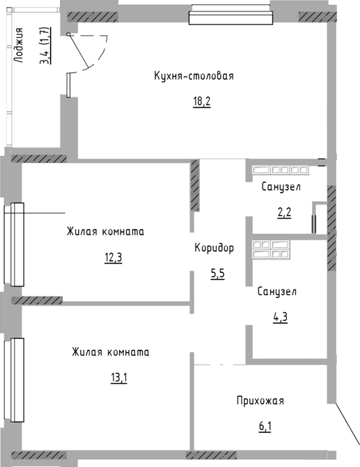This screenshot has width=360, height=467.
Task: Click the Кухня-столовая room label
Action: coord(194,76)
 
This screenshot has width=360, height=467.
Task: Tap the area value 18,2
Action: coord(202,102)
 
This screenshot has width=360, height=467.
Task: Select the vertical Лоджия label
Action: coord(19,45)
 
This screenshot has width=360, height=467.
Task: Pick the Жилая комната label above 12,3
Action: coord(106,232)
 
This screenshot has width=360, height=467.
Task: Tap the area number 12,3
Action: coord(114,258)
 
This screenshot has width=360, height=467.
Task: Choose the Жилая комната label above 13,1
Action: coord(111,351)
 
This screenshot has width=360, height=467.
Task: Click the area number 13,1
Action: coord(119,378)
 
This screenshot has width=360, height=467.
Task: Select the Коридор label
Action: coord(214,248)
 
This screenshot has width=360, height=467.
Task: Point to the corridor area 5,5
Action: coord(217,274)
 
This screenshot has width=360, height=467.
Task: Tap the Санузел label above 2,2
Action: coord(281,187)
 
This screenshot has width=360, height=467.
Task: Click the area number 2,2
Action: coord(284,213)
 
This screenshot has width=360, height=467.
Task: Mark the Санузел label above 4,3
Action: coord(277,292)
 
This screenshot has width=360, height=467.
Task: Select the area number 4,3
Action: coord(280,317)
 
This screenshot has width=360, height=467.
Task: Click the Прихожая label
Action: coord(260,401)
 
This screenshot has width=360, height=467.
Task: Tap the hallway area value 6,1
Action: coord(265,427)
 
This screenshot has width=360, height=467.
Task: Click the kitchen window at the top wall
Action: coord(231,15)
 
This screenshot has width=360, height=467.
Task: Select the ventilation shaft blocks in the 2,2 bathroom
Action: coord(280,170)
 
